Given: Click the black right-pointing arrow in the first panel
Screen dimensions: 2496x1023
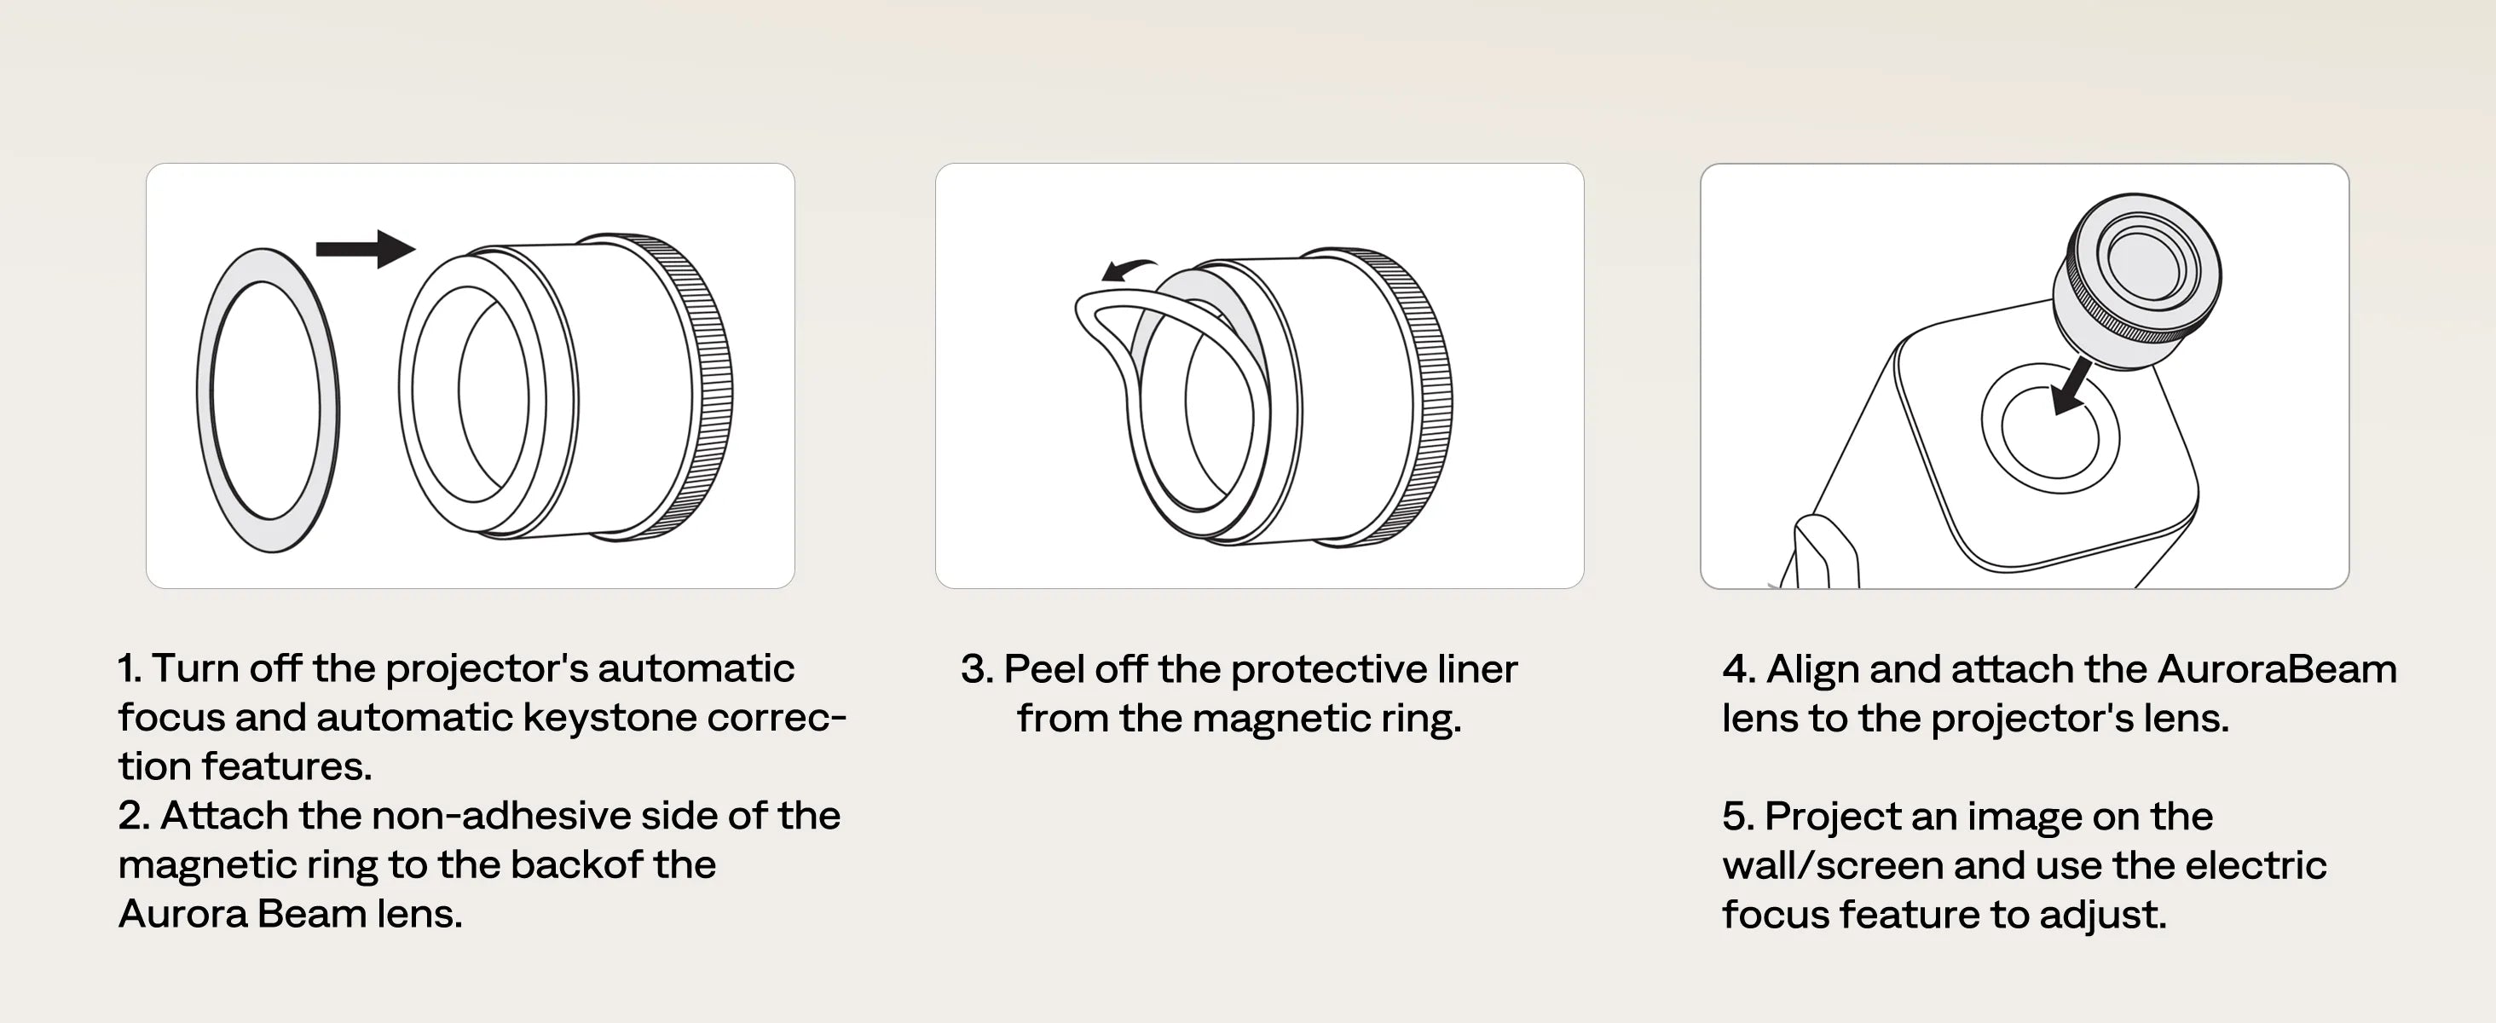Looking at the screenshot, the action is (366, 249).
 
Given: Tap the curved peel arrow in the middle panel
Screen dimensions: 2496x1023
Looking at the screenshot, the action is (1129, 270).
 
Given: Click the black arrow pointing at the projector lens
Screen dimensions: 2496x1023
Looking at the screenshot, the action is (2071, 384).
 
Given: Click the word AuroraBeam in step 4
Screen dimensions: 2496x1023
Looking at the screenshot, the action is (2277, 669).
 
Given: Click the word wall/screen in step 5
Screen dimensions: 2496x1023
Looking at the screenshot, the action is (1832, 866).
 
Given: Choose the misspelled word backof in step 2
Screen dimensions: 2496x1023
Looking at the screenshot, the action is (575, 864).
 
